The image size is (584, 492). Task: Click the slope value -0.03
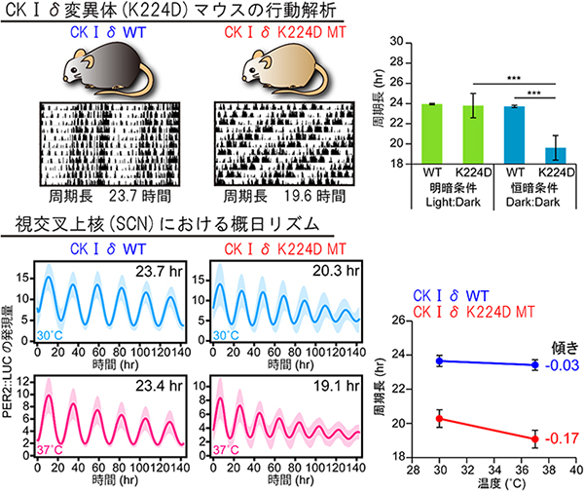tap(557, 365)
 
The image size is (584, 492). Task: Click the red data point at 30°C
tap(439, 419)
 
